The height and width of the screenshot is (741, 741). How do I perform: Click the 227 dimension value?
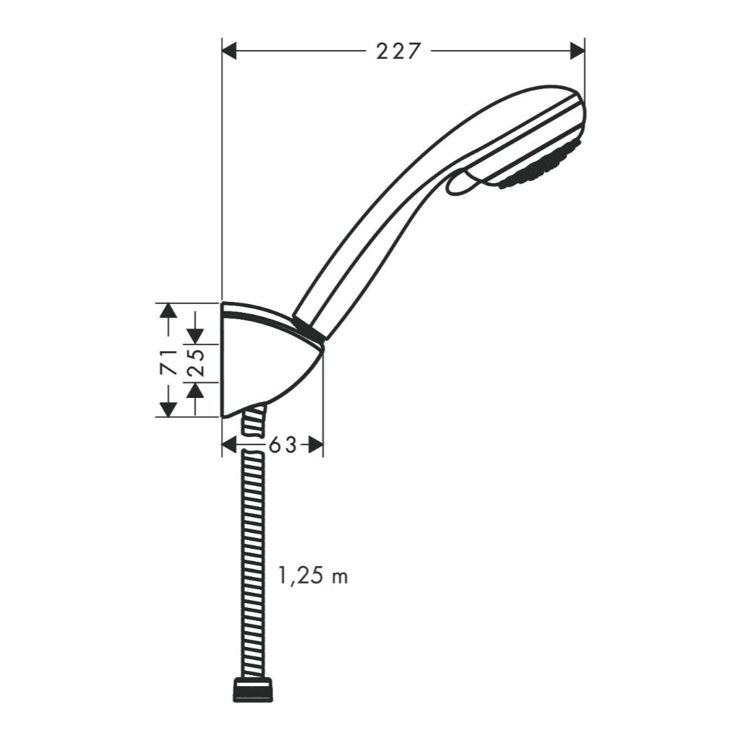tap(398, 51)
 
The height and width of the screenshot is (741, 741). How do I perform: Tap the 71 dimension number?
tap(169, 362)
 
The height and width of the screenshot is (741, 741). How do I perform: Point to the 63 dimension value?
tap(283, 445)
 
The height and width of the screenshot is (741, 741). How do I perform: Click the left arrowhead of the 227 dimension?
tap(229, 51)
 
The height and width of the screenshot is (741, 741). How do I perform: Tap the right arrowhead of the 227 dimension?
tap(578, 51)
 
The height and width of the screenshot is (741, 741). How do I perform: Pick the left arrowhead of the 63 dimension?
tap(229, 445)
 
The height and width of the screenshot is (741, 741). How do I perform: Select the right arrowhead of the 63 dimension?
tap(316, 445)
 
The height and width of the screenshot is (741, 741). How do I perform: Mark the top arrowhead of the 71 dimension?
tap(168, 310)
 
